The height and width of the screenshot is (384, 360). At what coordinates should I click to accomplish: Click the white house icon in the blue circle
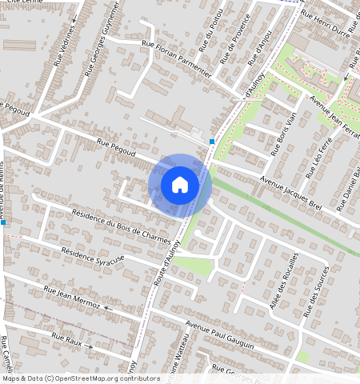pyautogui.click(x=180, y=185)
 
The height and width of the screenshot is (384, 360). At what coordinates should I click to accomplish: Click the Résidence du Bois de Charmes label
pyautogui.click(x=122, y=226)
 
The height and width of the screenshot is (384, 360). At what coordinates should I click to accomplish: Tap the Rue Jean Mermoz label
pyautogui.click(x=71, y=297)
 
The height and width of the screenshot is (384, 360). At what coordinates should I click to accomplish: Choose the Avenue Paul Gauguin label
pyautogui.click(x=219, y=334)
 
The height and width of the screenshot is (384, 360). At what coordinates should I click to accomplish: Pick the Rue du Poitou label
pyautogui.click(x=210, y=27)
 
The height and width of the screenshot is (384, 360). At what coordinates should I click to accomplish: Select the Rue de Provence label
pyautogui.click(x=236, y=43)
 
